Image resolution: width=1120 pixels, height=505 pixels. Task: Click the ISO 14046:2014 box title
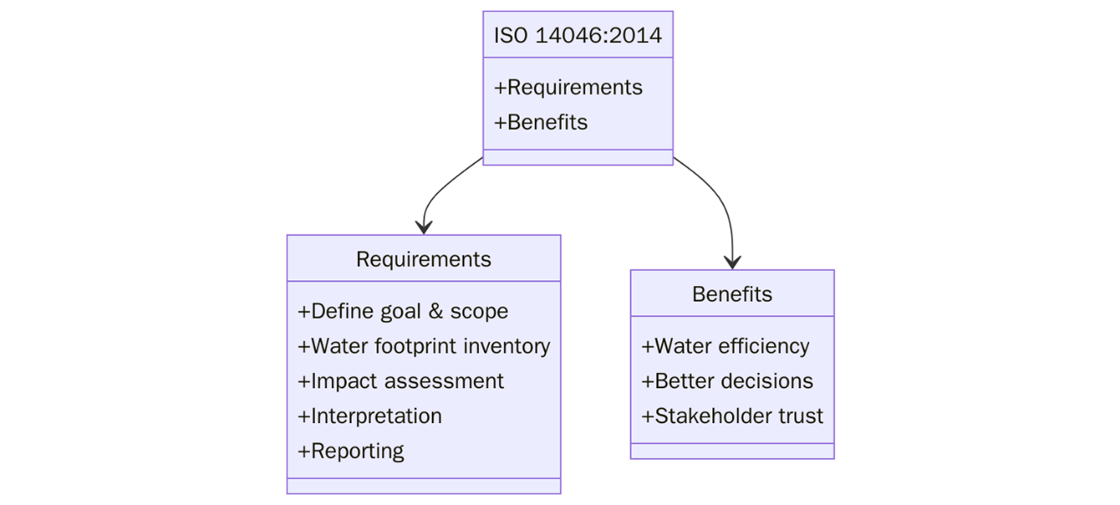(577, 36)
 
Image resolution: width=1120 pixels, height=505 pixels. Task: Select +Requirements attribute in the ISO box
(568, 88)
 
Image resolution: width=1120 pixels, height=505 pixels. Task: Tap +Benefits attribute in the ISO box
(541, 123)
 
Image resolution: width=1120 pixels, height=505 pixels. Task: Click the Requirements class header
(423, 259)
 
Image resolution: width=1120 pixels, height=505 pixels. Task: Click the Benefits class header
(732, 294)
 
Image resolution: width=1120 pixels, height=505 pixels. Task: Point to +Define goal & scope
(403, 311)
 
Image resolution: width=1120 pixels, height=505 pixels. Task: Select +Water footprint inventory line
(424, 346)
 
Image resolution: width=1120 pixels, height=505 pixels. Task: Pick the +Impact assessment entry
(401, 381)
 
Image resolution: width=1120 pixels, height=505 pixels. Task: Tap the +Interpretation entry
(370, 416)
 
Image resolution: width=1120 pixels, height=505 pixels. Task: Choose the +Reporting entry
(352, 451)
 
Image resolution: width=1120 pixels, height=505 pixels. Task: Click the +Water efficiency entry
(725, 346)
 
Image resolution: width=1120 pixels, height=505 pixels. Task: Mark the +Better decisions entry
(727, 381)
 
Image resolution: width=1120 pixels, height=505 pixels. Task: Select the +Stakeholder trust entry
(732, 416)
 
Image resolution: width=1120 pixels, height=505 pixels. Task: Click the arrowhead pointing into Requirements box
(423, 227)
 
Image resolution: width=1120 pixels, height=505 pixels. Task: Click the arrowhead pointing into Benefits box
(733, 261)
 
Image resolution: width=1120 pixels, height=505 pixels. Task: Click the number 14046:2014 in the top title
(599, 36)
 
